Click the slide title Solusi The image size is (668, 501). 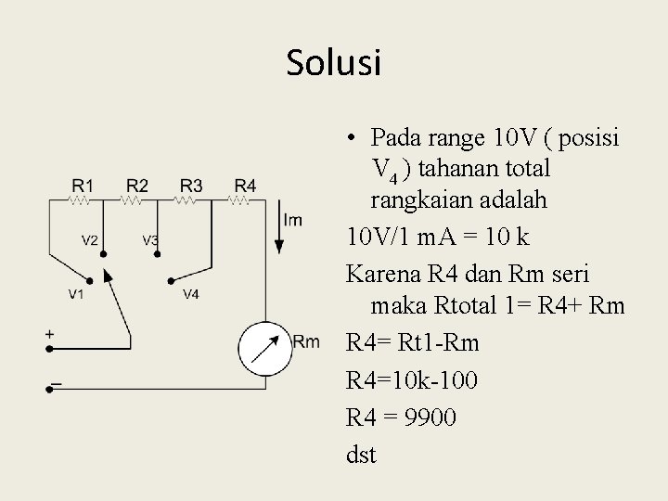pos(334,63)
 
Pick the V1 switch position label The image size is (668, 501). pos(76,294)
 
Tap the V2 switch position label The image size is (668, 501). pos(90,240)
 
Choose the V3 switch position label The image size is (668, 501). pos(150,240)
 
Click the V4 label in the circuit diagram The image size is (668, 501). pos(190,294)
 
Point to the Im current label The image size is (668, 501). pos(293,220)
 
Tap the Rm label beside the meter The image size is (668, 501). pos(306,342)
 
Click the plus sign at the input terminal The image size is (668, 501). pos(49,333)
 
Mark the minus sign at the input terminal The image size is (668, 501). pos(55,382)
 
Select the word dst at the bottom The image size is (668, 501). pos(361,456)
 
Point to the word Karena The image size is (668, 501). pos(379,276)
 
